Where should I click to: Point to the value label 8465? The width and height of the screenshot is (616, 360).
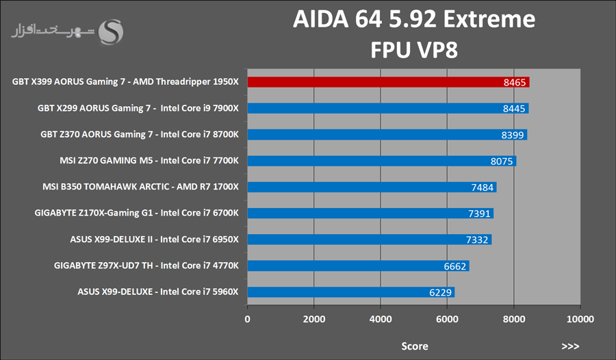coord(513,82)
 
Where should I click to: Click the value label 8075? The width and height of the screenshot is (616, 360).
coord(500,162)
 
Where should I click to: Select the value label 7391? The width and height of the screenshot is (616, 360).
coord(478,214)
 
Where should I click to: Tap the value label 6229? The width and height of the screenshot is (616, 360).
coord(439,292)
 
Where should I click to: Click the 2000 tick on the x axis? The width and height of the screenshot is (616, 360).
coord(313,319)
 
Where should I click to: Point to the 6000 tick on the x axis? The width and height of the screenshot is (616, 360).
coord(447,319)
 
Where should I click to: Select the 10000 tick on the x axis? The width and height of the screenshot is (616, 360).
coord(580,319)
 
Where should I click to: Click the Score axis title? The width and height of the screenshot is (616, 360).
coord(414,346)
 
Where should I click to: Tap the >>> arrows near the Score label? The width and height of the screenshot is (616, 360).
coord(570,346)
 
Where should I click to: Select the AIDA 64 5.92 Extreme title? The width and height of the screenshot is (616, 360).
coord(414,20)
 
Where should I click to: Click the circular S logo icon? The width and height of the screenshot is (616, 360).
coord(111,31)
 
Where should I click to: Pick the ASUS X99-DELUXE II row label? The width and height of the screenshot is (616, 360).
coord(154,240)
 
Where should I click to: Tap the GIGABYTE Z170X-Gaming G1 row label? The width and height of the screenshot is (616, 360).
coord(136,214)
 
